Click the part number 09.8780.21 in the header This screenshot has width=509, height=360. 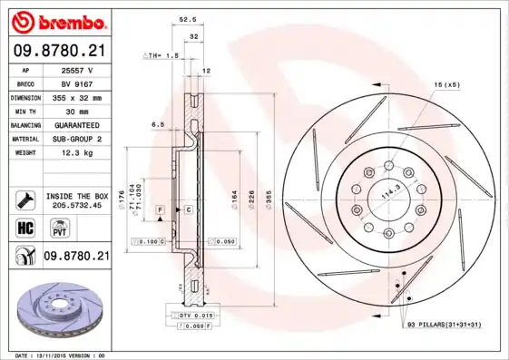59,51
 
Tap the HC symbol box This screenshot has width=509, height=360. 25,228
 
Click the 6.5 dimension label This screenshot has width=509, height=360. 157,123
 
